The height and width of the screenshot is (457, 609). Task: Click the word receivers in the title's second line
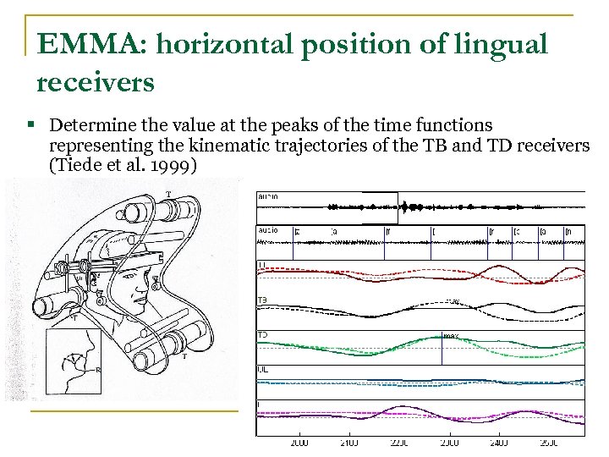click(x=95, y=82)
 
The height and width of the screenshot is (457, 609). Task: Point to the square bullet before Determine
click(x=30, y=125)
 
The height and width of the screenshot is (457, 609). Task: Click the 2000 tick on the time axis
click(x=299, y=442)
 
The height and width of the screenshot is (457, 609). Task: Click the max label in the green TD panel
click(x=451, y=335)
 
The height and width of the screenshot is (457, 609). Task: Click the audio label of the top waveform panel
click(x=268, y=196)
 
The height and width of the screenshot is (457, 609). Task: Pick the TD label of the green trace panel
click(x=263, y=335)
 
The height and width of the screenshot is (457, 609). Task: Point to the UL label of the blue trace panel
click(x=263, y=370)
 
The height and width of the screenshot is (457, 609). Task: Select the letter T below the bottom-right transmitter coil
click(x=185, y=356)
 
